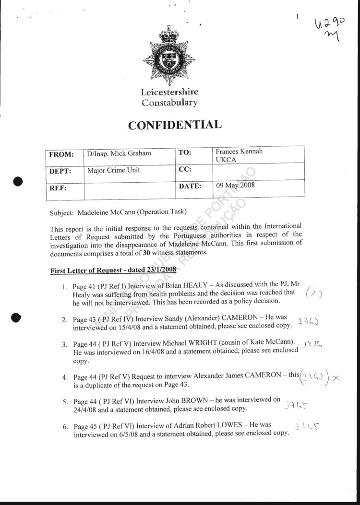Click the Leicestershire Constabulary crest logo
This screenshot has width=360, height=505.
[168, 56]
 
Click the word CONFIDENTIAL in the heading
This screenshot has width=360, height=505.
[175, 125]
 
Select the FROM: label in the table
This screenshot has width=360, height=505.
[61, 154]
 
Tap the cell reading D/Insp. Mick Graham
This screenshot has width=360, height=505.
[119, 153]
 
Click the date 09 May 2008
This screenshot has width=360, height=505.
[235, 186]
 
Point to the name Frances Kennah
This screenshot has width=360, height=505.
[239, 152]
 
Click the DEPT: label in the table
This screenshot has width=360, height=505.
[60, 171]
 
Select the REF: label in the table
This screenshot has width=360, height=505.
[58, 188]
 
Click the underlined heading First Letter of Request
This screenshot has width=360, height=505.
[113, 270]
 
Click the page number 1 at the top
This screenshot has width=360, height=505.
[297, 17]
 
